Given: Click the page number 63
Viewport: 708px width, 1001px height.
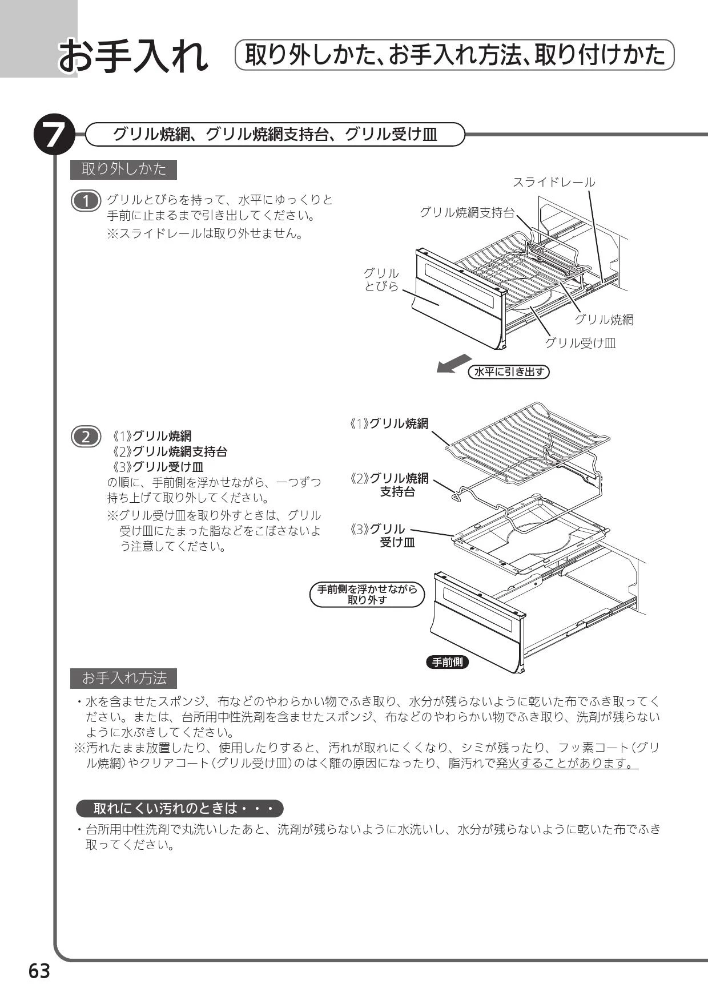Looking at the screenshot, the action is (x=39, y=971).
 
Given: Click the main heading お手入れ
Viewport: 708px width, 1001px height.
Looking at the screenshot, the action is (x=134, y=56).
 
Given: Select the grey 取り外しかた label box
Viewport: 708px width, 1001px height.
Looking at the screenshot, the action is (x=123, y=169).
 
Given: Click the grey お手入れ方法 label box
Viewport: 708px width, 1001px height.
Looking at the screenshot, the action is (x=123, y=679).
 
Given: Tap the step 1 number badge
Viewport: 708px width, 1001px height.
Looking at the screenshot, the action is (x=86, y=201).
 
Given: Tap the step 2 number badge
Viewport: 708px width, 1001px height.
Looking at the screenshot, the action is (x=86, y=437).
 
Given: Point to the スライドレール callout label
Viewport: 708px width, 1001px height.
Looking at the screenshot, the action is (x=554, y=182).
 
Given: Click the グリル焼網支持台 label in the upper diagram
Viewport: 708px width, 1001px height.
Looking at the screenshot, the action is (x=467, y=212).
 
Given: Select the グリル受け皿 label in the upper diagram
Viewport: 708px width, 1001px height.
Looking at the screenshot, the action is (x=580, y=343).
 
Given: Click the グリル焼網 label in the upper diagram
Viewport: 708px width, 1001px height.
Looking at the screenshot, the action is (x=604, y=320).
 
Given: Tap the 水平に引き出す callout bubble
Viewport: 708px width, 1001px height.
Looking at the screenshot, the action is (x=509, y=372).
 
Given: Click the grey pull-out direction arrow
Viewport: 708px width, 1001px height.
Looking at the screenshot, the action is (x=454, y=363).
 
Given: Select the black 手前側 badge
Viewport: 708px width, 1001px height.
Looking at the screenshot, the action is (x=448, y=662).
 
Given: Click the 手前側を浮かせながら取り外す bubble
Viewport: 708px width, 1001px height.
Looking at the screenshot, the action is (x=367, y=595).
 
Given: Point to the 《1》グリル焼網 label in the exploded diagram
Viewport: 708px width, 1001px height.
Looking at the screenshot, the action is (x=389, y=423).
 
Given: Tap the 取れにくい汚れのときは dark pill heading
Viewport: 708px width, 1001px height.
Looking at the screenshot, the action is (x=180, y=809).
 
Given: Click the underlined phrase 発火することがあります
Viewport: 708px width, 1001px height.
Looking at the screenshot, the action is (x=567, y=764).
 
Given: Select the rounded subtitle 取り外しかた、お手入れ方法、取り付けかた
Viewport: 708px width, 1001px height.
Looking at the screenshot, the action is (x=455, y=55).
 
